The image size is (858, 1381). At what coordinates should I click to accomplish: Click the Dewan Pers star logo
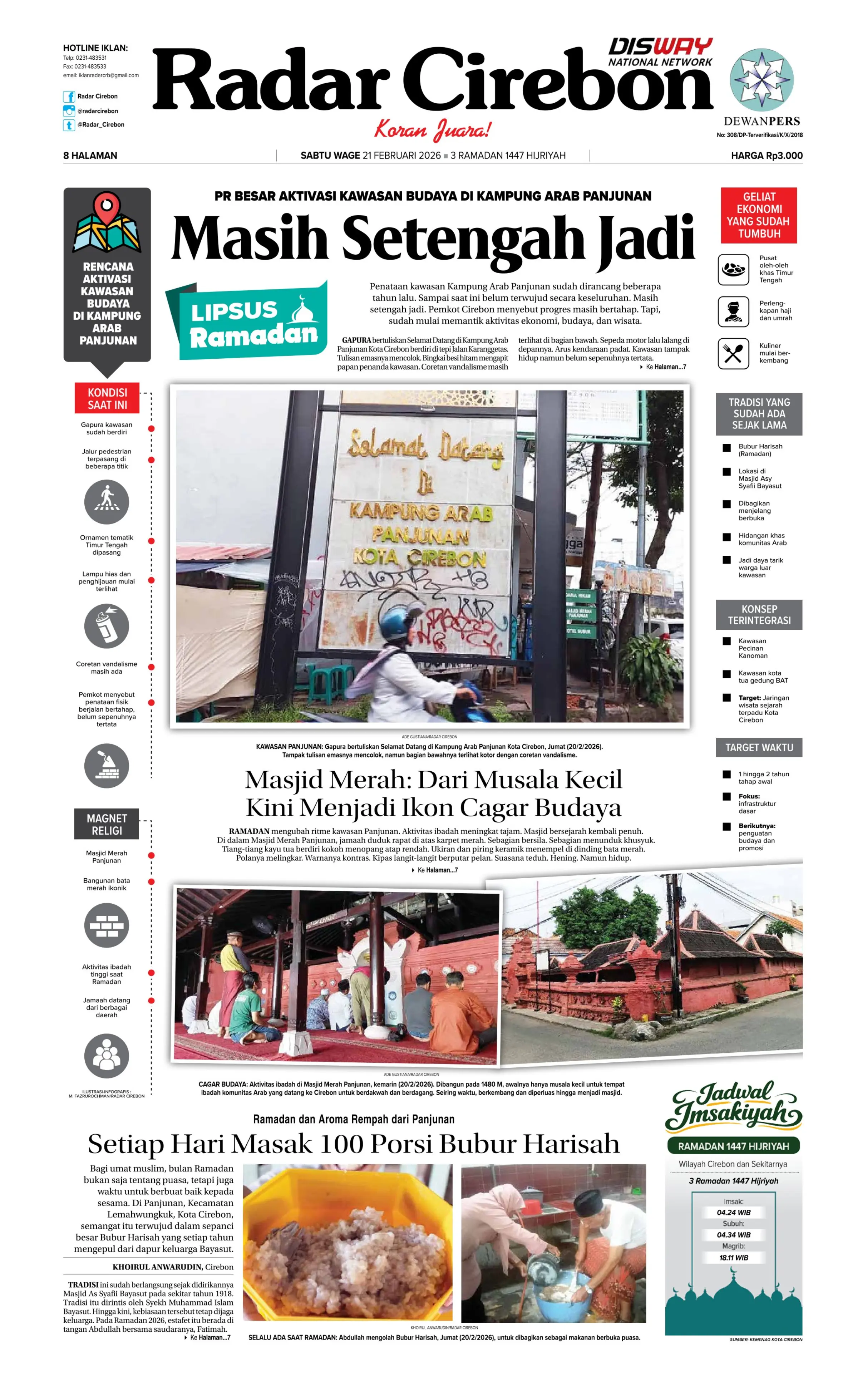coord(761,80)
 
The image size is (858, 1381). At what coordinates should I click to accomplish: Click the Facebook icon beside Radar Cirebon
coord(69,97)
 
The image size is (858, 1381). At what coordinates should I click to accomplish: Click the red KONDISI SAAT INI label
coord(107,398)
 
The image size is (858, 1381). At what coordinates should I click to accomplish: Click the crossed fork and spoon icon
coord(733,354)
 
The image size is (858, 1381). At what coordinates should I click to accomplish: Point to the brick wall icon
coord(107,926)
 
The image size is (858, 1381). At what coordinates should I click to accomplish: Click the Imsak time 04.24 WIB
coord(733,1212)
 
